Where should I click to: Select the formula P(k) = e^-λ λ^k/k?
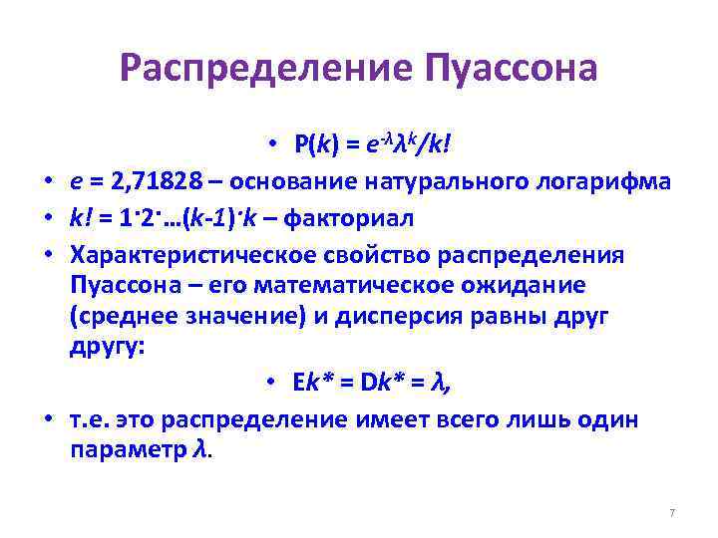(x=372, y=146)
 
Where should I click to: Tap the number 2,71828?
(x=151, y=182)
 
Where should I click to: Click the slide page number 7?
(x=672, y=512)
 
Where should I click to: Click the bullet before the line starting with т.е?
(x=48, y=419)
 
